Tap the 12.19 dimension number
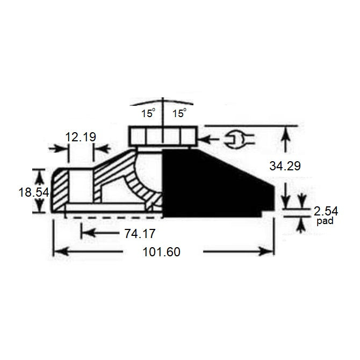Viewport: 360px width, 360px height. (x=80, y=137)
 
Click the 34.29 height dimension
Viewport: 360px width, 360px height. (x=285, y=167)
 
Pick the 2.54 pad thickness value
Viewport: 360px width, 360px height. (x=327, y=210)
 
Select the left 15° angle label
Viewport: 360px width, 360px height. (x=148, y=113)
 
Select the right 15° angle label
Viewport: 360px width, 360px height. (x=178, y=113)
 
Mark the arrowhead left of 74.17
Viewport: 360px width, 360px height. (x=87, y=233)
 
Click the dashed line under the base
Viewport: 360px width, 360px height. (x=113, y=218)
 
